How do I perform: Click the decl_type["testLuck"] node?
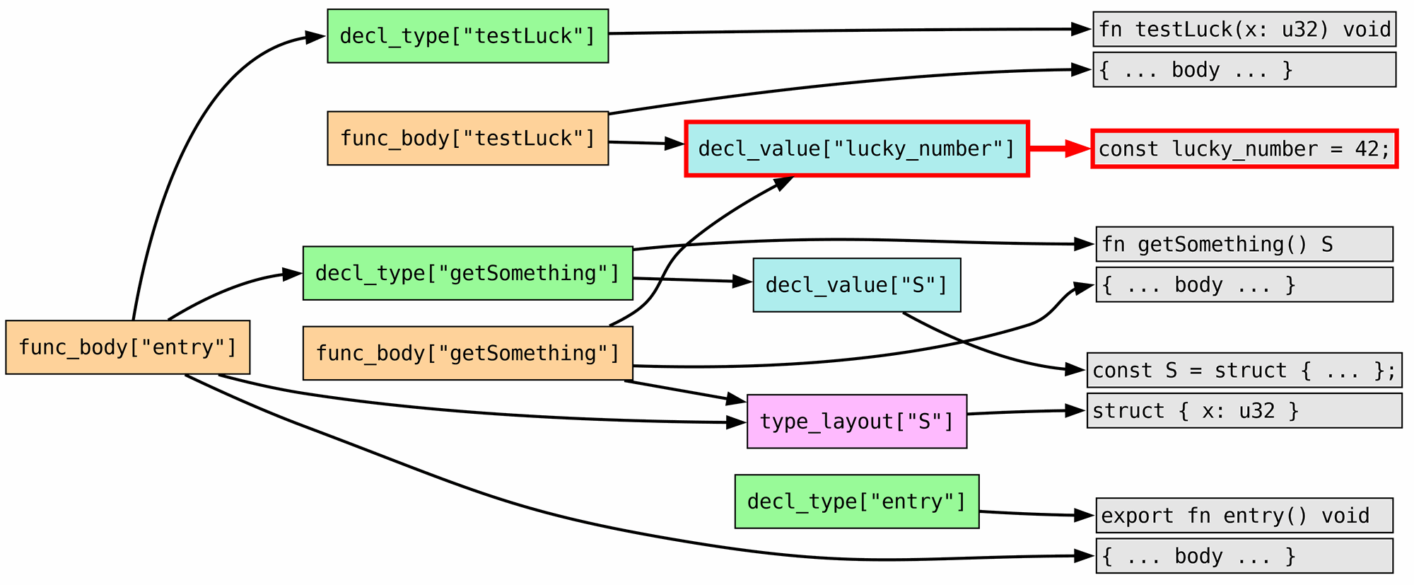click(467, 36)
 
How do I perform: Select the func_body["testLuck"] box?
click(467, 138)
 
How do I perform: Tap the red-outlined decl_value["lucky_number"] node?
click(856, 149)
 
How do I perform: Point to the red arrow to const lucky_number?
click(1060, 149)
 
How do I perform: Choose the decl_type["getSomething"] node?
click(467, 273)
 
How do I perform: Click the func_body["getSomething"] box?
click(467, 353)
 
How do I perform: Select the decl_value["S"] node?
click(856, 285)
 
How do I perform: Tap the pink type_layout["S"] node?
click(856, 422)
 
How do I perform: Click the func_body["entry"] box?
click(127, 347)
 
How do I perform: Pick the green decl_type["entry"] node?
click(856, 502)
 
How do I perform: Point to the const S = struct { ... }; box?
click(1244, 370)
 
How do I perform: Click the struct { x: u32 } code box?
click(1244, 410)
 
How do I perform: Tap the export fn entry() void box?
click(1244, 516)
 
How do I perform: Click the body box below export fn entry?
click(1244, 556)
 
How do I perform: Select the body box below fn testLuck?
click(1244, 69)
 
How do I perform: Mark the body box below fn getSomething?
click(1244, 284)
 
